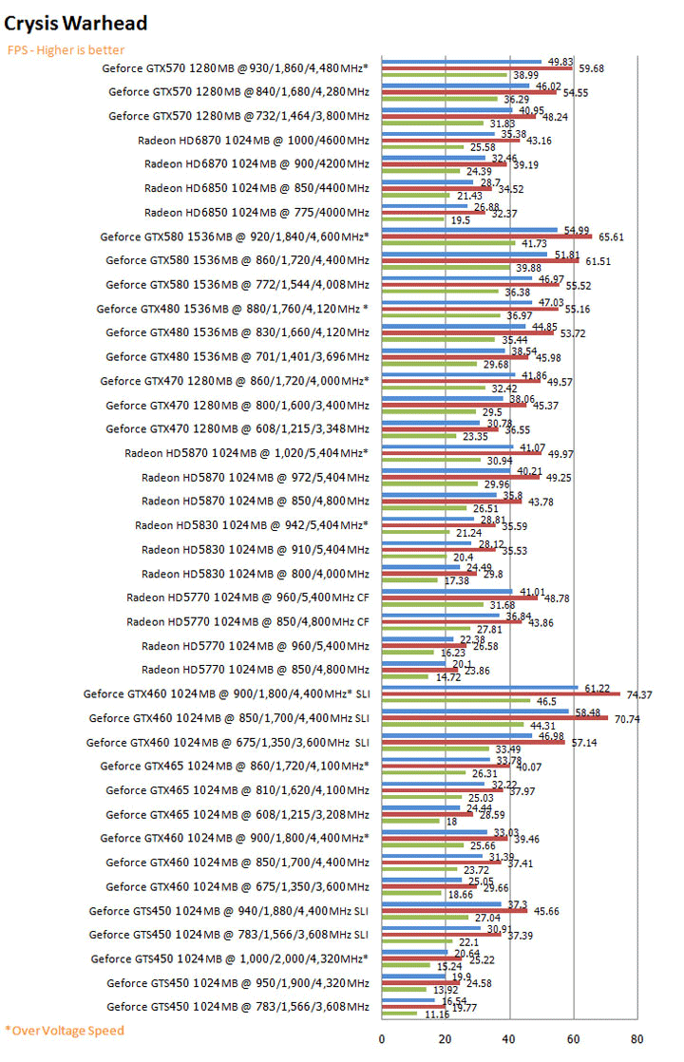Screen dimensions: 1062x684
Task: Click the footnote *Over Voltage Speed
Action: tap(64, 1030)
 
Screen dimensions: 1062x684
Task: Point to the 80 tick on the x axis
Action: tap(637, 1038)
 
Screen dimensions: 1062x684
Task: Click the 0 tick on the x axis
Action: tap(382, 1038)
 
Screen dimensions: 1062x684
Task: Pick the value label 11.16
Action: tap(436, 1015)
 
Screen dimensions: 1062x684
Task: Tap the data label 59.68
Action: tap(592, 68)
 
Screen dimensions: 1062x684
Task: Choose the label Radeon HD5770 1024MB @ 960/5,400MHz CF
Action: tap(248, 597)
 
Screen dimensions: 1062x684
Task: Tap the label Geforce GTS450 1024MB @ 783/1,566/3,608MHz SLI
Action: tap(230, 935)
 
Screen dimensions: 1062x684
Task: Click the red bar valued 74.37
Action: tap(501, 693)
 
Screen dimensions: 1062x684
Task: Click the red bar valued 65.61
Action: tap(486, 236)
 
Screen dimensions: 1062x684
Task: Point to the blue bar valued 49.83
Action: tap(462, 61)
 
